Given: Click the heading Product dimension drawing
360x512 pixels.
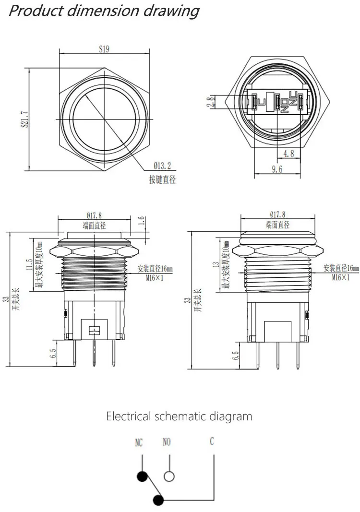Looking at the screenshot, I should point(104,11).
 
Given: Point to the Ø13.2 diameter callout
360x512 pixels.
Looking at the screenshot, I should point(162,166).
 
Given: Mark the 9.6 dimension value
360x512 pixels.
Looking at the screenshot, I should point(277,169).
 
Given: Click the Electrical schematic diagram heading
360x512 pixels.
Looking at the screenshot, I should point(179,416).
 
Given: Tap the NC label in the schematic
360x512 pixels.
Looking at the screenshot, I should point(139,443).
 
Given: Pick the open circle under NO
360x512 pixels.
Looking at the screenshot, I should point(169,476).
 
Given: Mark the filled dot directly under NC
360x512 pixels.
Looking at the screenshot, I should point(142,476).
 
